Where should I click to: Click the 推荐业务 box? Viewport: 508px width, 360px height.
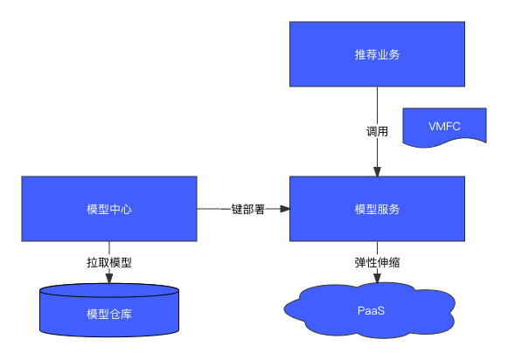tap(377, 54)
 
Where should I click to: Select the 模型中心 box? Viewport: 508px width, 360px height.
tap(109, 209)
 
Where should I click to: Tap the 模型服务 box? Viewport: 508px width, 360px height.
tap(377, 209)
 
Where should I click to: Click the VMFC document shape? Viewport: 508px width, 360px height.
tap(444, 126)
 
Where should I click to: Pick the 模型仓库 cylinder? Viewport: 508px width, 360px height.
tap(109, 310)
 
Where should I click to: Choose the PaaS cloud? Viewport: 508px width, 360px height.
tap(370, 311)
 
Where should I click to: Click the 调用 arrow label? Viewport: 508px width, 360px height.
tap(377, 131)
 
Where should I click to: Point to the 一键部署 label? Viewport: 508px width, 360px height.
tap(243, 209)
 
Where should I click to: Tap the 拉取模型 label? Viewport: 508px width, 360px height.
tap(109, 262)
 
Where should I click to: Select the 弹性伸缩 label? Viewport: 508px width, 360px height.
tap(377, 262)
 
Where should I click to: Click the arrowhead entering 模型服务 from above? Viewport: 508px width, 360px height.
tap(377, 172)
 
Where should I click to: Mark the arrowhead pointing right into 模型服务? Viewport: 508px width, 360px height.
tap(285, 209)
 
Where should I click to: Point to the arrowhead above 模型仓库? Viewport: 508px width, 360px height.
tap(109, 279)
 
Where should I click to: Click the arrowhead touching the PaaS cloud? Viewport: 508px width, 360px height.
tap(377, 279)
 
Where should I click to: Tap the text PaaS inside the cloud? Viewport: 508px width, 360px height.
tap(371, 311)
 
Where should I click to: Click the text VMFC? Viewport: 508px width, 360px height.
tap(444, 126)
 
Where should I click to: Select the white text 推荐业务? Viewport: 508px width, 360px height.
tap(377, 54)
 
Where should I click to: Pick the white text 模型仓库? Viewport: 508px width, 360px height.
tap(109, 314)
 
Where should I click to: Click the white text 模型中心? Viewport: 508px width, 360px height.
tap(109, 209)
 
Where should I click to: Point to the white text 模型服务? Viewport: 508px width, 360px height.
tap(377, 209)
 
